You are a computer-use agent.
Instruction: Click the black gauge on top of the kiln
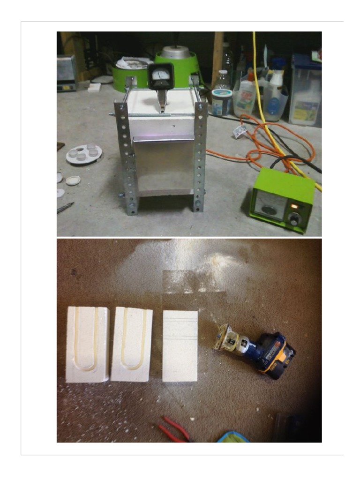tap(161, 75)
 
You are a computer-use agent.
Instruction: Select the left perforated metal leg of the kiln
tap(123, 157)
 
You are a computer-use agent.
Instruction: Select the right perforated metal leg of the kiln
tap(200, 157)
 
